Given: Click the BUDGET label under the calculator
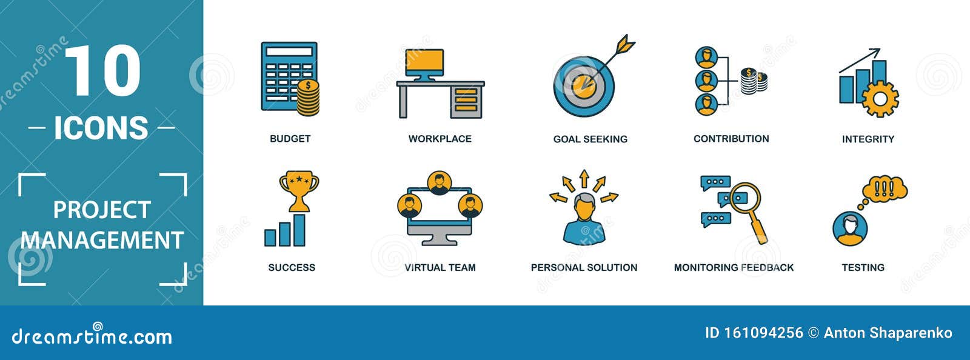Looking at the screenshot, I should (290, 139).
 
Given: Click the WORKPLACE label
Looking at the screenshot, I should (440, 139).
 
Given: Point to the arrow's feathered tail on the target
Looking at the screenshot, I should (625, 45).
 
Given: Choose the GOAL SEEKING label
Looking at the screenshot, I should (590, 139).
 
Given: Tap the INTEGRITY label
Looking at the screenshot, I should (868, 139).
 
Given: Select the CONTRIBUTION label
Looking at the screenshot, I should (731, 139).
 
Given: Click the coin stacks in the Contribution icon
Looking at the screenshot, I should (754, 81).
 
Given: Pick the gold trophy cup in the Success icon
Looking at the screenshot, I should (299, 188).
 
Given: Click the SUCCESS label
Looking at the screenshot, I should (292, 267).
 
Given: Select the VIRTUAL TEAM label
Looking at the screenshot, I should (440, 267).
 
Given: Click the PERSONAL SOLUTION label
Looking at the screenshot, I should (584, 267).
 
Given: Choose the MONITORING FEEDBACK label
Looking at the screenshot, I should (734, 267).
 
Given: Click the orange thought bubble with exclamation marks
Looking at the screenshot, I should (885, 188).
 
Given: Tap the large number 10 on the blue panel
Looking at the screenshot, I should (102, 72).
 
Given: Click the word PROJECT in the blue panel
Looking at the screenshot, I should (102, 210).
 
